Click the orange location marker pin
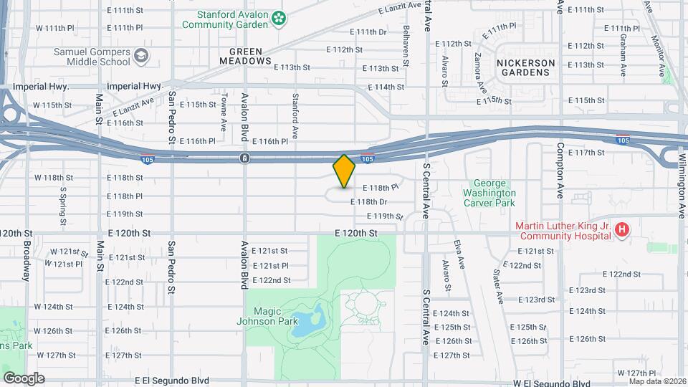coord(345,171)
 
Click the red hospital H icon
coord(622,230)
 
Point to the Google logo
coord(24,378)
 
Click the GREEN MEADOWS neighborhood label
coord(251,57)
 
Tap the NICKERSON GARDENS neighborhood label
coord(527,67)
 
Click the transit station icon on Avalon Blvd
coord(244,158)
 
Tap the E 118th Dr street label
coord(369,202)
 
